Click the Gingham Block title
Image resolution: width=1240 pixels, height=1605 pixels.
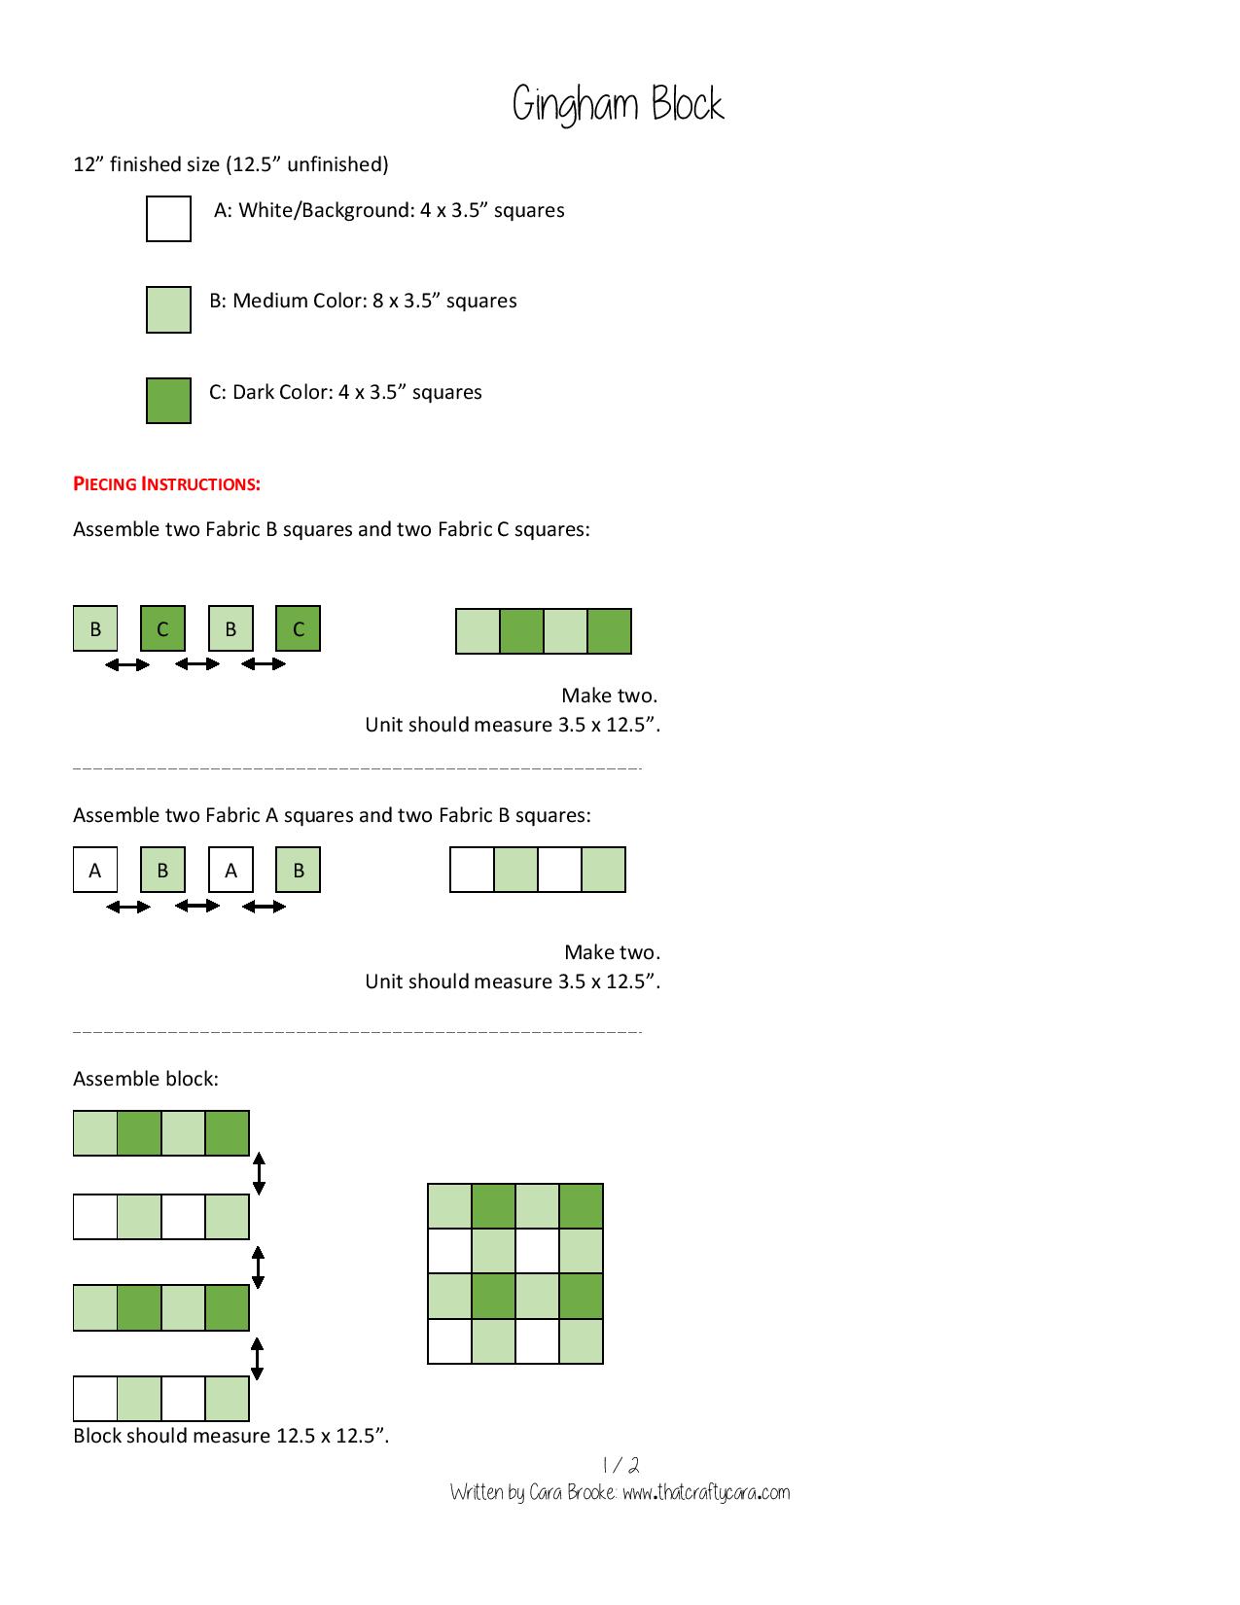[619, 105]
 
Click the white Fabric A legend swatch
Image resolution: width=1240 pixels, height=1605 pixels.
[168, 219]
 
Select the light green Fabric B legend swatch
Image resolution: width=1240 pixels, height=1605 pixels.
[168, 309]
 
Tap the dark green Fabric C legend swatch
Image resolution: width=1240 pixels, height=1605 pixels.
[168, 401]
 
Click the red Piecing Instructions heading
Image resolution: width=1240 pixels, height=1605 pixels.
[166, 483]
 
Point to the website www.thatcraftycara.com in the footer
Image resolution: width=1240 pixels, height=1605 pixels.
[706, 1492]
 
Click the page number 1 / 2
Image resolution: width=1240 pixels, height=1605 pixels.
[620, 1465]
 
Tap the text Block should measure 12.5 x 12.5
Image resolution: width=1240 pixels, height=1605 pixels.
[230, 1436]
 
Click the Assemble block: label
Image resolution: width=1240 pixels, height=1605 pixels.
[146, 1079]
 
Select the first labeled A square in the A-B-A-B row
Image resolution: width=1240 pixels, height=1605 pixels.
[95, 870]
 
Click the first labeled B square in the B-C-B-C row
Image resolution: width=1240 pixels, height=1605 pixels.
[95, 628]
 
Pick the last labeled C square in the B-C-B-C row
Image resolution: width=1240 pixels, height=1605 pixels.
[298, 628]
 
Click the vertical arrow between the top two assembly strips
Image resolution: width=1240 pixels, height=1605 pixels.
[259, 1174]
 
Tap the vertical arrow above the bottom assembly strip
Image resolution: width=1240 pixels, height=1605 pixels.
[257, 1359]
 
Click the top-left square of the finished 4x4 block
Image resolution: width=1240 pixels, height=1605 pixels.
[449, 1207]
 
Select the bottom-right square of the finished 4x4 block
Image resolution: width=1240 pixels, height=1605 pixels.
[581, 1341]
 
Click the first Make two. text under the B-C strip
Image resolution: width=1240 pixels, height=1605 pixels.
[609, 695]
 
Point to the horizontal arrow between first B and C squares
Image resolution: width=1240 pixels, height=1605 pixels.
[127, 664]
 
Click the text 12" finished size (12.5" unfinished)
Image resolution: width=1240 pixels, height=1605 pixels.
[230, 164]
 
